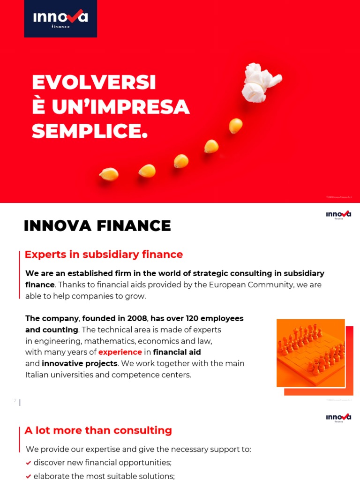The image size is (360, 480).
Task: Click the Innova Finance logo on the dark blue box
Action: (x=60, y=18)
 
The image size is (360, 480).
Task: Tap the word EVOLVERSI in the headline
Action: (x=94, y=83)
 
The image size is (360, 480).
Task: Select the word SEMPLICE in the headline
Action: (x=90, y=132)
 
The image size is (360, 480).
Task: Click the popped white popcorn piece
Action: (x=260, y=82)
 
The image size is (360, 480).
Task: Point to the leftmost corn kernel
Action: (x=109, y=174)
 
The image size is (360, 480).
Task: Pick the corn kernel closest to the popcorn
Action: (x=235, y=126)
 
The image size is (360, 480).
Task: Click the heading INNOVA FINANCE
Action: (x=97, y=226)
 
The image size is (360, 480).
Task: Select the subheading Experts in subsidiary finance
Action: (x=104, y=255)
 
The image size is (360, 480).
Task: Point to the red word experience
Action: (x=120, y=352)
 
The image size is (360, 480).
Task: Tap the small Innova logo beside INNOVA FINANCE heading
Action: (x=338, y=215)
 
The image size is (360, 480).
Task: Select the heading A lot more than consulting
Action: (x=98, y=430)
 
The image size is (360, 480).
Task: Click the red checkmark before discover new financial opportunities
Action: (x=29, y=463)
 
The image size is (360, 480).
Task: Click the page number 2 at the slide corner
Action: (x=15, y=401)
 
